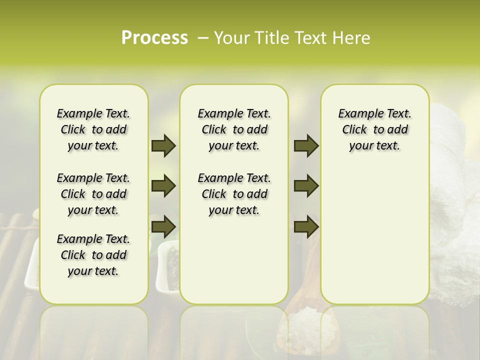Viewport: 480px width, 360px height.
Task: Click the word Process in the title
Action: point(154,38)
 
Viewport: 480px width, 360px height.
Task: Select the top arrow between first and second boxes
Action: point(163,146)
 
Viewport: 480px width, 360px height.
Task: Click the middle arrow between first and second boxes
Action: point(163,186)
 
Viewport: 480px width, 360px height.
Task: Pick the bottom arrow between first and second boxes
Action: point(163,226)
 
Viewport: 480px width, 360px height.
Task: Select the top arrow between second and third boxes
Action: point(306,146)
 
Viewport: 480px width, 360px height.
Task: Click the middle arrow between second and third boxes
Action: point(306,186)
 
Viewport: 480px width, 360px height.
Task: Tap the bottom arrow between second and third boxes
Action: point(306,226)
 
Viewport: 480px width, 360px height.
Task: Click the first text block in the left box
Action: point(93,129)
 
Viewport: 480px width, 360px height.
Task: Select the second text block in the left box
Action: point(93,194)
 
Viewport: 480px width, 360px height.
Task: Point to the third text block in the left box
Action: point(93,255)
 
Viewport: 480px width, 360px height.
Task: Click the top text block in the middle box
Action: point(234,129)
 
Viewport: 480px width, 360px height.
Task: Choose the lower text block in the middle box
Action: point(234,194)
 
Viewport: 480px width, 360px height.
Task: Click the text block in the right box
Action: point(374,129)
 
